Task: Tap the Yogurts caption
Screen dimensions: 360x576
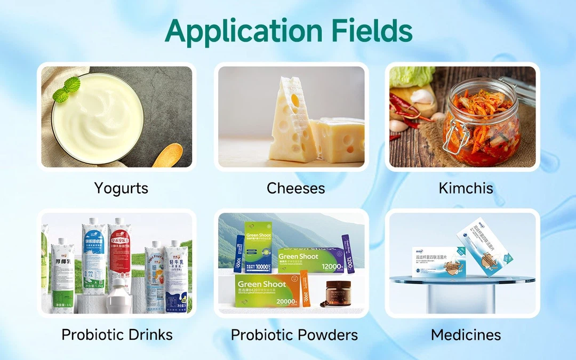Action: (121, 188)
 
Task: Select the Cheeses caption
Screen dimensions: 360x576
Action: (295, 188)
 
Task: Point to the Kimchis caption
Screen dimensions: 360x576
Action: (466, 188)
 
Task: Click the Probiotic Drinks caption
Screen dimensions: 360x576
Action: (117, 334)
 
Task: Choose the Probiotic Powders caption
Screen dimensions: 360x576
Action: (294, 334)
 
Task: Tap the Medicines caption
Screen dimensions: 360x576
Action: (466, 334)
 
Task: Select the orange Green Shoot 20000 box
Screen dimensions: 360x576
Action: (266, 291)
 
